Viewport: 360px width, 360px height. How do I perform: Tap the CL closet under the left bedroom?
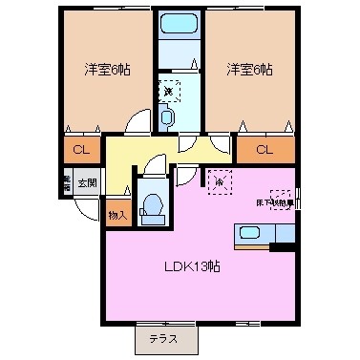82,149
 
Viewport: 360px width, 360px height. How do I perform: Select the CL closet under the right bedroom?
264,149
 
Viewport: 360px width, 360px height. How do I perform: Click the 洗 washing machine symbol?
168,91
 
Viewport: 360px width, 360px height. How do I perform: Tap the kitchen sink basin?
248,231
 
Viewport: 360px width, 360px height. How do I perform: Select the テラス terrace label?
166,339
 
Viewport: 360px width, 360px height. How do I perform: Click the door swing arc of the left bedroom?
138,122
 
